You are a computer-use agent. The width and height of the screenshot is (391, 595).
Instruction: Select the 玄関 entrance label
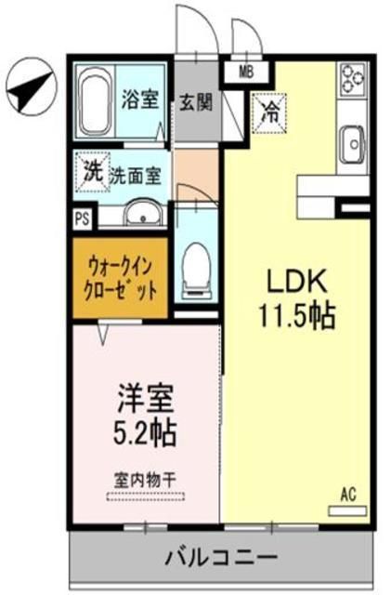[x=197, y=101]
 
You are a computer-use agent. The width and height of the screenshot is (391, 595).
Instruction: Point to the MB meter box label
[x=246, y=71]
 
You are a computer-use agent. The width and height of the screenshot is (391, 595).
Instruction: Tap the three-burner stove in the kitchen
[x=354, y=80]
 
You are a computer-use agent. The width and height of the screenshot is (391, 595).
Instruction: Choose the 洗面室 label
[x=137, y=173]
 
